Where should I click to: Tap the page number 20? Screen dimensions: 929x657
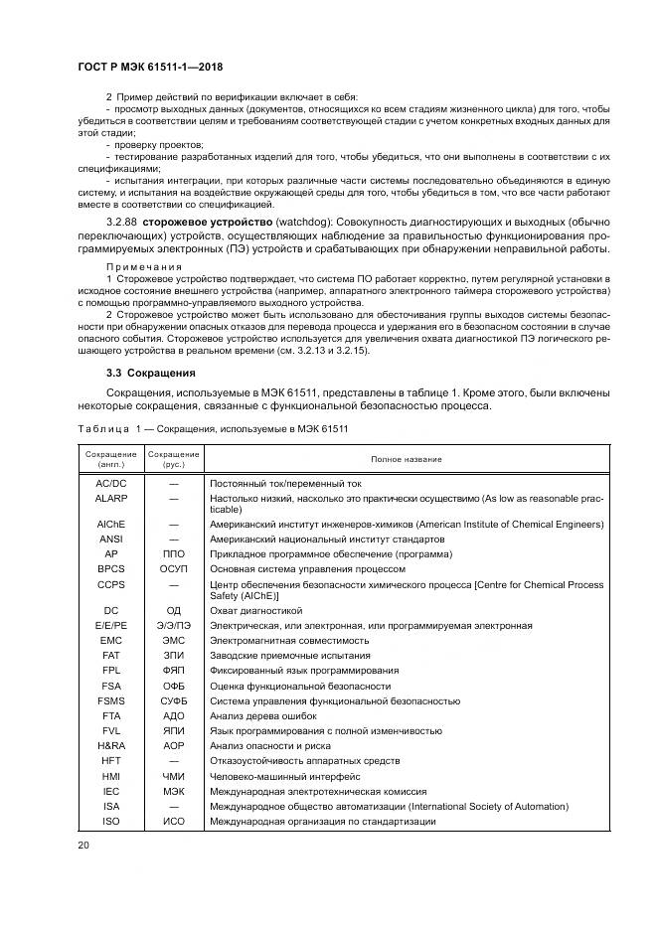(x=83, y=846)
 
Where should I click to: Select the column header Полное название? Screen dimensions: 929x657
(x=407, y=459)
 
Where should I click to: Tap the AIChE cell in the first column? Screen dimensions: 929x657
(x=111, y=523)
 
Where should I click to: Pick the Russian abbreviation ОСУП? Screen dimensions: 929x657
(x=174, y=568)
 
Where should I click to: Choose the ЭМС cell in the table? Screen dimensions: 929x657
(x=174, y=641)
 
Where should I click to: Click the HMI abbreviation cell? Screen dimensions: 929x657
(x=111, y=776)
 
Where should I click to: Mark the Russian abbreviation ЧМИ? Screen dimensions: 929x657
(x=174, y=776)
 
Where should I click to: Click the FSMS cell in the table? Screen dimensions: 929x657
(x=111, y=700)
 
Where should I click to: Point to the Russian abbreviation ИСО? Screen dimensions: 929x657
(x=174, y=821)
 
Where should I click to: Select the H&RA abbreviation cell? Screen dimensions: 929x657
(x=111, y=745)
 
